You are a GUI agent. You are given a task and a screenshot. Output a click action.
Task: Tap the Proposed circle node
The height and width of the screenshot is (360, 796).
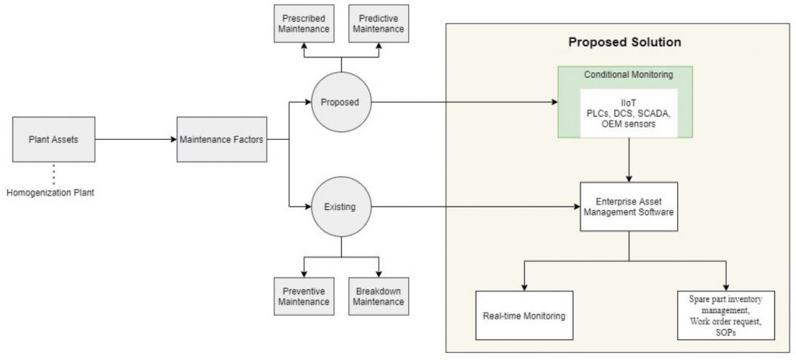pos(340,102)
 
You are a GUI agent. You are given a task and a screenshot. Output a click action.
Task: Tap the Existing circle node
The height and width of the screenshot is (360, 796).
pos(340,207)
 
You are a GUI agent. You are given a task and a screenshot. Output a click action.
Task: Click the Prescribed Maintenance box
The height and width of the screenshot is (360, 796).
pos(304,23)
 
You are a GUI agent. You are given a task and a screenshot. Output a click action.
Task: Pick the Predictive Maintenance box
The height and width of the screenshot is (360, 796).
pos(378,23)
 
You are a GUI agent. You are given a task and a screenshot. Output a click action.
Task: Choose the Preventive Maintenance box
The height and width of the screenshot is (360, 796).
pos(304,295)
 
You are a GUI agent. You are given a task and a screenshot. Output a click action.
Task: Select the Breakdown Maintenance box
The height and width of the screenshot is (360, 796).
pos(378,295)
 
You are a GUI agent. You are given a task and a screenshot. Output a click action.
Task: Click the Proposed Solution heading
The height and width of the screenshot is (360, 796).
pos(624,42)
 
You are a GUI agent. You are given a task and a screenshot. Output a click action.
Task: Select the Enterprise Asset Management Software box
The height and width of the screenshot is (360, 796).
pos(629,207)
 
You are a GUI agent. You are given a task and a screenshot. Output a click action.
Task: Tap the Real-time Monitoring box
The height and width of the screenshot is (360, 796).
pos(524,315)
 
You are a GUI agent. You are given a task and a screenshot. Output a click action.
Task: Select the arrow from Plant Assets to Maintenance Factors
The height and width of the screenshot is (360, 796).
pos(136,140)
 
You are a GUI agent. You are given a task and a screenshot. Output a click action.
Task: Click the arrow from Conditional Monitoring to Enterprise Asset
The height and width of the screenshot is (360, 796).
pos(629,160)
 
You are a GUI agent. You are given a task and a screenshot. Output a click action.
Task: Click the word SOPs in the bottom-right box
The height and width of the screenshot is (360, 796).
pos(727,333)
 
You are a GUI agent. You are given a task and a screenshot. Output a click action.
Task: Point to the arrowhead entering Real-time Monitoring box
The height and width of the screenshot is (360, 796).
pos(524,287)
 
